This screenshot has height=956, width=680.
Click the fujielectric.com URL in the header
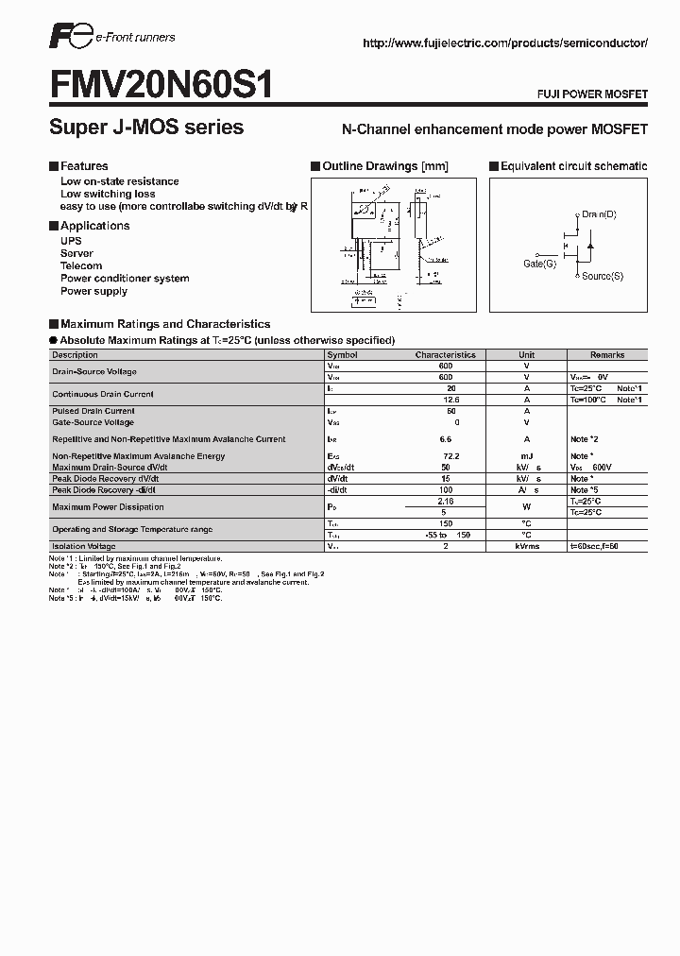pos(504,44)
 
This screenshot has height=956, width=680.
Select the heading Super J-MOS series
pos(146,128)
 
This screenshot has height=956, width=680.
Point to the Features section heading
pos(84,166)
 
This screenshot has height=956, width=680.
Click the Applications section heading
pos(94,226)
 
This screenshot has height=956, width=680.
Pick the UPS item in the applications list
pos(71,241)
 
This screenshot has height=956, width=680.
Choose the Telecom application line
pos(81,266)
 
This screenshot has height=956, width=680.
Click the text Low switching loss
pos(108,194)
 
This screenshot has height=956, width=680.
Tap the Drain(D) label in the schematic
pos(599,215)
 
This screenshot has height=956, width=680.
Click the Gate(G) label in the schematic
pos(540,264)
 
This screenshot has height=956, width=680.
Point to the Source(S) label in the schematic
pos(602,276)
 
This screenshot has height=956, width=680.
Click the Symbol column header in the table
pos(342,355)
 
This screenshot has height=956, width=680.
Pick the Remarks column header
pos(607,355)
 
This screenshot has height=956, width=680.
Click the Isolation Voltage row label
pos(84,546)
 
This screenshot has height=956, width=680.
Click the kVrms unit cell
pos(527,546)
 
